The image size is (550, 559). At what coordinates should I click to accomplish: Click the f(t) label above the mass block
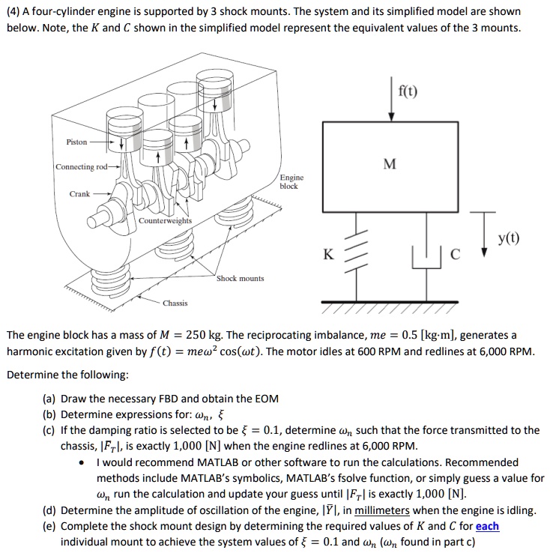point(408,92)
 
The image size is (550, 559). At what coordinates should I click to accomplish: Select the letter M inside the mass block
point(388,163)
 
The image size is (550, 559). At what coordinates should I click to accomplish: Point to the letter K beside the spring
point(328,255)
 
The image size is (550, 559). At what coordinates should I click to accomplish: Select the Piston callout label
point(76,142)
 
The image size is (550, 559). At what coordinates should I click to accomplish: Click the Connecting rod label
point(80,166)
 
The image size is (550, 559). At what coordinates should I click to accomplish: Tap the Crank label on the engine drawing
point(80,193)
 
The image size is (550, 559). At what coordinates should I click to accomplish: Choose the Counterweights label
point(166,221)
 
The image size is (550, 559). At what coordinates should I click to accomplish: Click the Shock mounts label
point(240,278)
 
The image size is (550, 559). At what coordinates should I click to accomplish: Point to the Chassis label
point(175,303)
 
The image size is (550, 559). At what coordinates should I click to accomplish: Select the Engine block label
point(291,181)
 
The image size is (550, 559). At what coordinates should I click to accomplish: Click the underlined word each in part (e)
point(487,526)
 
